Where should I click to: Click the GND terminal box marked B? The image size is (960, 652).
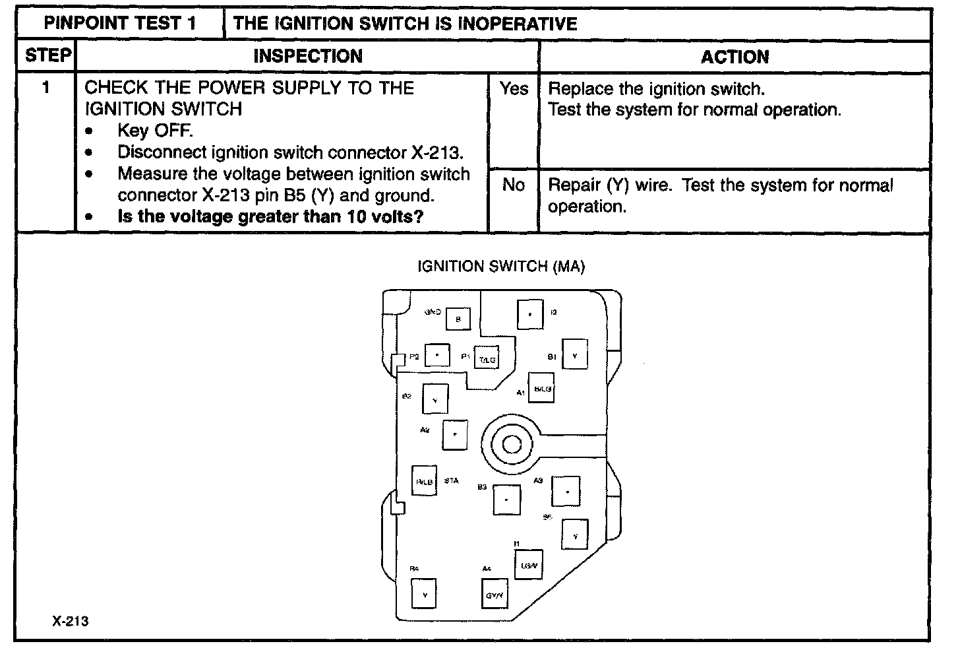point(458,320)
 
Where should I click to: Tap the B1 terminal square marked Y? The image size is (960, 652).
point(574,356)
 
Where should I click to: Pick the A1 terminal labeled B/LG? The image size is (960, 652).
point(541,389)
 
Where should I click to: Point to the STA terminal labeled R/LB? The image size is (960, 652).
point(424,482)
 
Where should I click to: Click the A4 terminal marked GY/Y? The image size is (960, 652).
point(495,596)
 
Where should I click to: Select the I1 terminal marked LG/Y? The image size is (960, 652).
point(529,565)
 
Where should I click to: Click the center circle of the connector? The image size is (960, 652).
point(512,445)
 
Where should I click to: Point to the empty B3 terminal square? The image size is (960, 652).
point(506,500)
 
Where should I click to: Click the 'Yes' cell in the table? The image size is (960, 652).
point(514,88)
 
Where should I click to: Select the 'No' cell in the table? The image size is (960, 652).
point(514,185)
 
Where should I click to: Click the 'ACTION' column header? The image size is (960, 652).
point(735,57)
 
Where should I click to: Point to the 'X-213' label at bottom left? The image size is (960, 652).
point(71,621)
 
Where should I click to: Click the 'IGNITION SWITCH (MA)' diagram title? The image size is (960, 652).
point(501,267)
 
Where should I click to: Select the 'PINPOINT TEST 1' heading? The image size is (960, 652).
point(120,24)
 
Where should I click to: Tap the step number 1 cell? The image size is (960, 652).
point(46,87)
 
